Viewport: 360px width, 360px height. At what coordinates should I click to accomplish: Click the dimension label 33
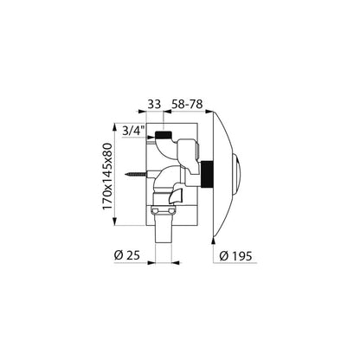pos(154,104)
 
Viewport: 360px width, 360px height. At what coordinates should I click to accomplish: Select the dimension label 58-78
pos(187,104)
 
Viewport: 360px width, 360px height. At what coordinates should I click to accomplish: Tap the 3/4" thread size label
pos(133,131)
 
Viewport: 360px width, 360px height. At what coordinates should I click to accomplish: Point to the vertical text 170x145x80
pos(108,177)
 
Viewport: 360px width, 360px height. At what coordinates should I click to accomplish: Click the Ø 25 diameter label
pos(127,255)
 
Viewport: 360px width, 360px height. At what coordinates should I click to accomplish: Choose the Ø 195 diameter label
pos(235,255)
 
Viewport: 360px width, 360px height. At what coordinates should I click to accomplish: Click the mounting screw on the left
pos(136,174)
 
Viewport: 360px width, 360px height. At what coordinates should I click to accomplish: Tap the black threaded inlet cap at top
pos(164,134)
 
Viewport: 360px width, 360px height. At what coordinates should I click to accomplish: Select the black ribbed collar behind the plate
pos(207,175)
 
